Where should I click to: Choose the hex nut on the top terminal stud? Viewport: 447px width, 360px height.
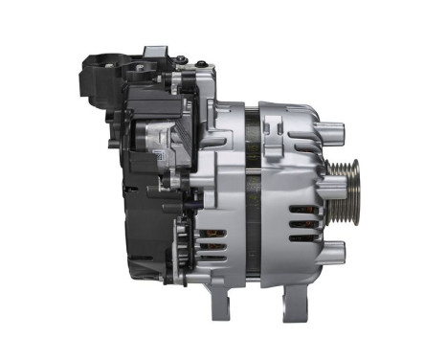coord(180,60)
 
